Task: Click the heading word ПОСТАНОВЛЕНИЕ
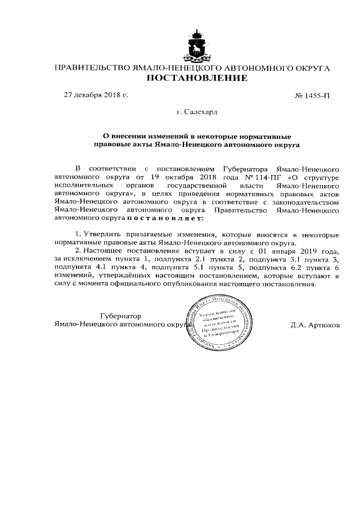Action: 196,78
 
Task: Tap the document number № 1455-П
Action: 312,96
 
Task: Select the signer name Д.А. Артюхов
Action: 316,325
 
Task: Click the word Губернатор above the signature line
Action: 120,316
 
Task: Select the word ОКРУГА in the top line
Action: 310,68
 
